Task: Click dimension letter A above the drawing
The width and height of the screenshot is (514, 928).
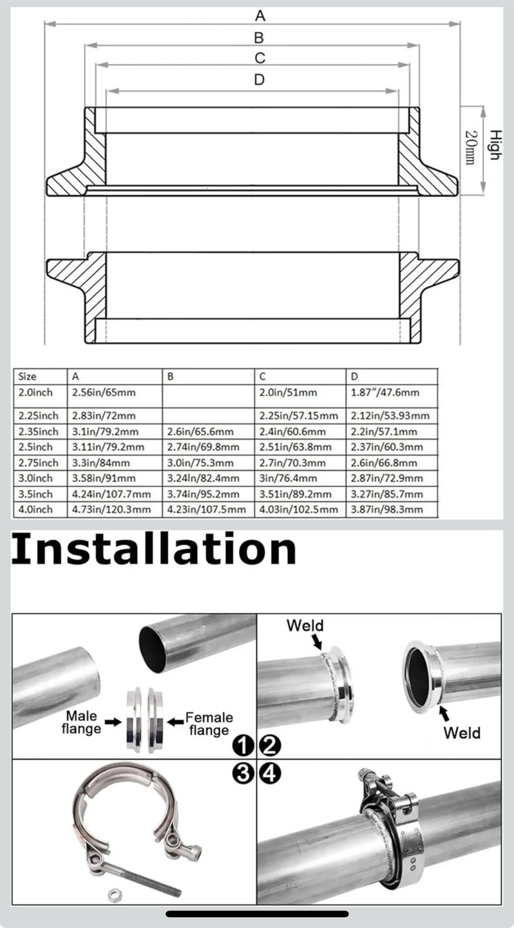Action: click(x=260, y=16)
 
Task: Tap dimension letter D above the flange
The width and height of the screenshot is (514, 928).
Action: click(x=260, y=79)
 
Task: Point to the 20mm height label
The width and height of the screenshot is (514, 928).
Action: click(x=471, y=148)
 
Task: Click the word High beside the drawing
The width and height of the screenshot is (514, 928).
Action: click(x=495, y=144)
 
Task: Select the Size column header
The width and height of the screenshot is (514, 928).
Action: click(x=27, y=376)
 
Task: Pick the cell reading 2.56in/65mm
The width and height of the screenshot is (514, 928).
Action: click(x=104, y=392)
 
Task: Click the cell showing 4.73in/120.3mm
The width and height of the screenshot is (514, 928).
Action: click(x=111, y=509)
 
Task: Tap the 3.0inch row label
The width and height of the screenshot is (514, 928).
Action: click(x=35, y=478)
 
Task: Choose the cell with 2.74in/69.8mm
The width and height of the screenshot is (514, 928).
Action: click(x=204, y=447)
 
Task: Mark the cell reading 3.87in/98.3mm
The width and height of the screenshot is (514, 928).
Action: click(x=387, y=509)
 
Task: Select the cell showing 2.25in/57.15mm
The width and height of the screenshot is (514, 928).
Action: click(x=299, y=416)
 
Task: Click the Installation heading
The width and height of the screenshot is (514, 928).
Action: click(x=154, y=549)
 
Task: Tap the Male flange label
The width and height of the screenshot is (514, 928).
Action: click(x=82, y=722)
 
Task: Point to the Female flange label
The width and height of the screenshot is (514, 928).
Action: click(x=209, y=724)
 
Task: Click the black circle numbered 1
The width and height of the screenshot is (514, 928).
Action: click(x=243, y=746)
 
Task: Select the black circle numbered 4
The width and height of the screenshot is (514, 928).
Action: click(x=270, y=773)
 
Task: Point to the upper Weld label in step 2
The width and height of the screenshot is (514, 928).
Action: click(x=305, y=625)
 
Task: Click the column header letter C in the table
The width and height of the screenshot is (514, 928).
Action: click(x=262, y=376)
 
